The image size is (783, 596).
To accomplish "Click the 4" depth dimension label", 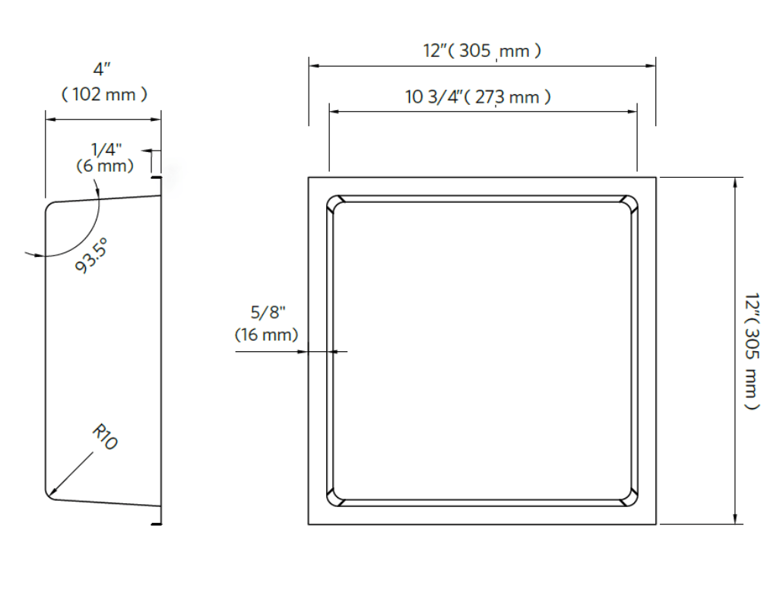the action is [x=102, y=69].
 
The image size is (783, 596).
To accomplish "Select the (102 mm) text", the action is [x=104, y=94].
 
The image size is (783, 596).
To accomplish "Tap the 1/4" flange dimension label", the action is [x=106, y=149].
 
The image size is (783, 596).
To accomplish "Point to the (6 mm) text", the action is [x=105, y=166].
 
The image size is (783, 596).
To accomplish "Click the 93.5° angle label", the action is [x=91, y=255].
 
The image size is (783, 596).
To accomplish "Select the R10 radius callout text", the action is [x=105, y=437].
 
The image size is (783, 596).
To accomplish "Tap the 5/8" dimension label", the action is [x=268, y=312].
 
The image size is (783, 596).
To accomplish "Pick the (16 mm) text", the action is [x=267, y=334].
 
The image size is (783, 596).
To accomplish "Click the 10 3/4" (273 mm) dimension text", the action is [x=478, y=97].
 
